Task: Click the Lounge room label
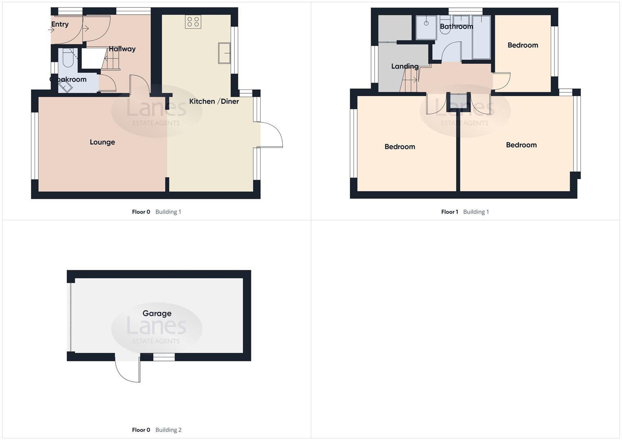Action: [x=102, y=142]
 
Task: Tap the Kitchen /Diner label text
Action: [x=214, y=101]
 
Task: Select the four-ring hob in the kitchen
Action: [x=193, y=22]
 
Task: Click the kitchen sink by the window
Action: [x=224, y=53]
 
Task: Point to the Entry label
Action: [x=60, y=24]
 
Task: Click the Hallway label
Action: [x=122, y=49]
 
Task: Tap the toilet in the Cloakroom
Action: [x=68, y=59]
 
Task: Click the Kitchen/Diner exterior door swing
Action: [x=271, y=135]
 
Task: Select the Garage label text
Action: [x=157, y=313]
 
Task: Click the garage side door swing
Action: [x=127, y=370]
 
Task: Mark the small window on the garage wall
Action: [x=164, y=357]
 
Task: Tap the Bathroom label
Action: [x=456, y=26]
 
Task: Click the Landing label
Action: [x=404, y=66]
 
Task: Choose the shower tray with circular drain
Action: [x=426, y=28]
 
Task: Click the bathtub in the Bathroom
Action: [x=481, y=37]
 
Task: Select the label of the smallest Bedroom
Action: [x=523, y=45]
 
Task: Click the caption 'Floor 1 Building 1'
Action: [x=465, y=212]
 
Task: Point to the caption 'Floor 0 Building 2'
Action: [x=156, y=430]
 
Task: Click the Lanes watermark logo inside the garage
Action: [x=156, y=328]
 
